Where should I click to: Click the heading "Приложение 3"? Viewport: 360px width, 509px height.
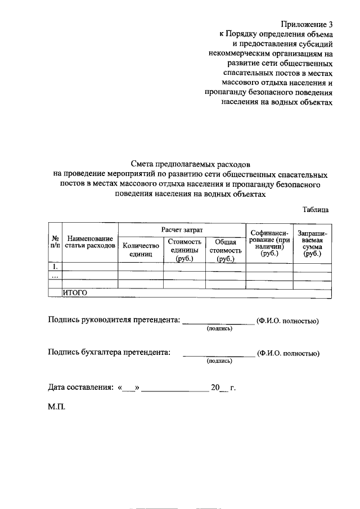click(307, 24)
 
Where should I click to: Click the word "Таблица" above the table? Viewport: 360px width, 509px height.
click(315, 209)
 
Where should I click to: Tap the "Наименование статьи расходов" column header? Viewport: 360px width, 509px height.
click(90, 241)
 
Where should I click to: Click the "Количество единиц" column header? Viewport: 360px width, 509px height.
click(141, 250)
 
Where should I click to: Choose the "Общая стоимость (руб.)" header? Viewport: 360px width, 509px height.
click(225, 250)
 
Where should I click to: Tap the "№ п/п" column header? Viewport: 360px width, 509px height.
click(55, 241)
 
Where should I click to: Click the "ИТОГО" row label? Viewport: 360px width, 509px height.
click(75, 292)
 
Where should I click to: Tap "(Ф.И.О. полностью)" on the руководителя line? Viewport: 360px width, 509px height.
click(287, 321)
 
